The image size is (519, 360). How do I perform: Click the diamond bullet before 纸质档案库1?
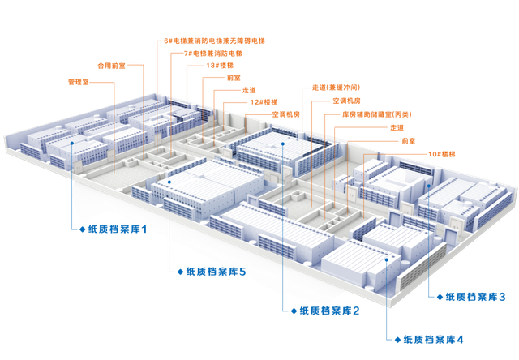81,230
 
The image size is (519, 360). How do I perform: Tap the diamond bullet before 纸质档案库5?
179,270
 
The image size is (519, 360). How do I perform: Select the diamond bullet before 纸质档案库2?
293,311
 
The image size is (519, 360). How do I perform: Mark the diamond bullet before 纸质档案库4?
397,337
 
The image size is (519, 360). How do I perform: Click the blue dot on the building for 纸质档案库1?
73,144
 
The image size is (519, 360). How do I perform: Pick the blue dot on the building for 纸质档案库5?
169,182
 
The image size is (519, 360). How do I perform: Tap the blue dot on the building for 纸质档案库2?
282,144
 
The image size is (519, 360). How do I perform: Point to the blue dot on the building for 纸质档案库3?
426,183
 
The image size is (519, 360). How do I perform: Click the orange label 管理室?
76,81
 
